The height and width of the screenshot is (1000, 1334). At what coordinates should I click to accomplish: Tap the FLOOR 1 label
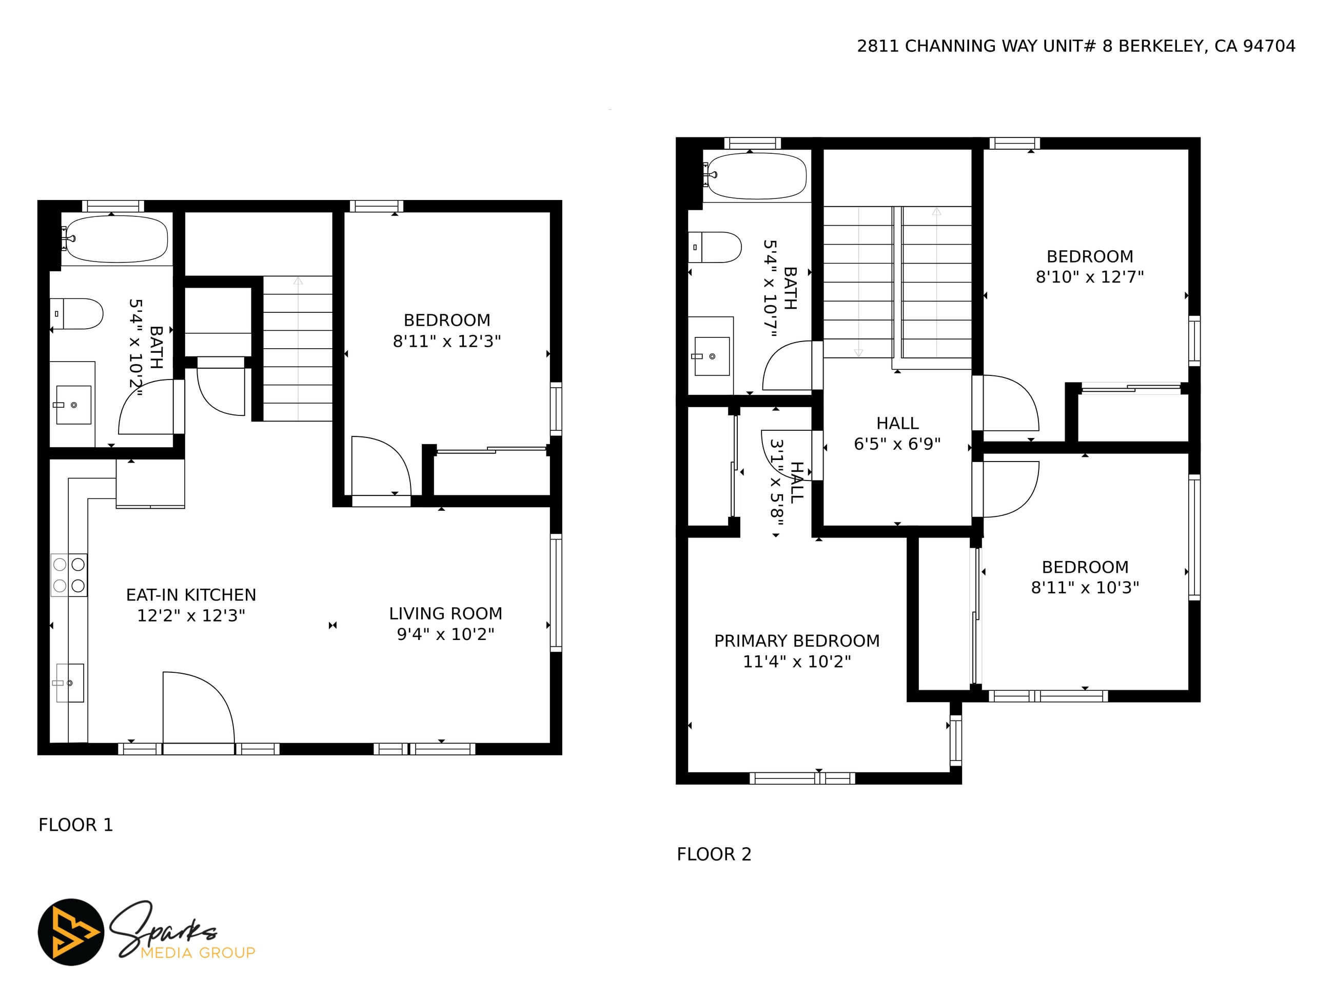point(76,825)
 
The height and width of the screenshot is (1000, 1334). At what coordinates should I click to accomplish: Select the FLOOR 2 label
point(714,854)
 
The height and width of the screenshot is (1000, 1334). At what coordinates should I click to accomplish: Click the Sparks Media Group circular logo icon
point(71,932)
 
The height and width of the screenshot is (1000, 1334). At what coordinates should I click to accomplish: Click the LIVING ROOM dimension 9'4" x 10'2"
point(446,634)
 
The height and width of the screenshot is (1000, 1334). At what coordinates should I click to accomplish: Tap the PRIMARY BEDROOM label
point(797,641)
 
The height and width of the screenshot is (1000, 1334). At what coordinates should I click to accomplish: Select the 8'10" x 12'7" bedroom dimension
point(1090,277)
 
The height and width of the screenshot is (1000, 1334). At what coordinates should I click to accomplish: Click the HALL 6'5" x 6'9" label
point(897,433)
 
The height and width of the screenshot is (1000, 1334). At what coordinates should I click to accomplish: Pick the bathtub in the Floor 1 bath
point(116,239)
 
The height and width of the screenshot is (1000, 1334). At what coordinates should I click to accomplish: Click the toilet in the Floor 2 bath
point(715,247)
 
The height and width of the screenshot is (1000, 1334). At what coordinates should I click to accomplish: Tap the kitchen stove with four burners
point(69,575)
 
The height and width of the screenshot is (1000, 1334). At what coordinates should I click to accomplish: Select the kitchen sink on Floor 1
point(70,683)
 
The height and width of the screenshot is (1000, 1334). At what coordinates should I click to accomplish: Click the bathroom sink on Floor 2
point(712,356)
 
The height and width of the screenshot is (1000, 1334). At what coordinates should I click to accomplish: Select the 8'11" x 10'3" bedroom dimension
point(1085,587)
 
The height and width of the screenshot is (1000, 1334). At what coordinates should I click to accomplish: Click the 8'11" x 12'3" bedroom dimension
point(447,341)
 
